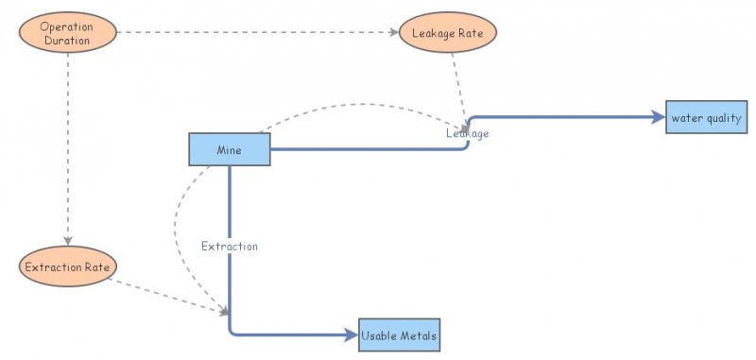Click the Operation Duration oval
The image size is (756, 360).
(66, 33)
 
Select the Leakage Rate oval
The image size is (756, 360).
(448, 33)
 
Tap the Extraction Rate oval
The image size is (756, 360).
(65, 266)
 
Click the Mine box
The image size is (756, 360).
(230, 149)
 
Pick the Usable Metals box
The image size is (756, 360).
(400, 334)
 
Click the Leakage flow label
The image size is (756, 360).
(468, 134)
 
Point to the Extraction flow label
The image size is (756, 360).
(230, 246)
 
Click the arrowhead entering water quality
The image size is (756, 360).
(660, 117)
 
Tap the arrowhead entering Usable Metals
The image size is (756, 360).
(353, 334)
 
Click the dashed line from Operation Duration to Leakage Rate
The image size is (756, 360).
(255, 33)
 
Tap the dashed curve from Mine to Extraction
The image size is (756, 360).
(178, 236)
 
